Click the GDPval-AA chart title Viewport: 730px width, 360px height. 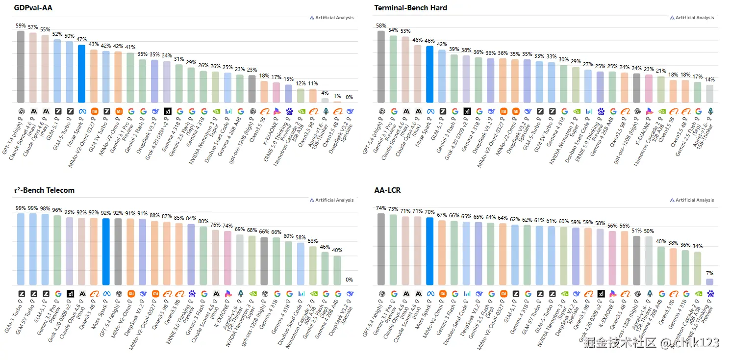click(x=34, y=8)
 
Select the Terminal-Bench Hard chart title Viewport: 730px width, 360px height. click(x=410, y=8)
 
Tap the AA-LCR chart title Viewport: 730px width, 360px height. click(x=387, y=190)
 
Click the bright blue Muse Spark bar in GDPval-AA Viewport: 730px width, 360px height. click(x=81, y=74)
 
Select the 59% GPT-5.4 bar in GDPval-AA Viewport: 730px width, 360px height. click(x=21, y=67)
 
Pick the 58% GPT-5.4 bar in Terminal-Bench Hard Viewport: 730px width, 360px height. click(x=381, y=67)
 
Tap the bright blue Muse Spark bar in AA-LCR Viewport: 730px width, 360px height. click(x=429, y=251)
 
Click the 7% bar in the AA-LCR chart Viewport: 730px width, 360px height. click(x=709, y=282)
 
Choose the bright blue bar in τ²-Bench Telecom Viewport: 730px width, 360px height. click(x=106, y=252)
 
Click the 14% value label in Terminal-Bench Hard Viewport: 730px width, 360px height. click(x=709, y=79)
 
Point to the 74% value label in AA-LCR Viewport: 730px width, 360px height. click(x=381, y=208)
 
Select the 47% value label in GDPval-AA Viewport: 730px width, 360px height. click(x=81, y=39)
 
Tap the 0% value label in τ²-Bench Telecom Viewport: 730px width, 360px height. click(x=350, y=280)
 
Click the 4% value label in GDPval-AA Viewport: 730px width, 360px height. click(x=325, y=93)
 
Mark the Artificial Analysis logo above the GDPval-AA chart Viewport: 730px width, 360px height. click(x=331, y=18)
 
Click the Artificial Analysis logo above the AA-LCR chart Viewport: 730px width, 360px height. click(x=691, y=200)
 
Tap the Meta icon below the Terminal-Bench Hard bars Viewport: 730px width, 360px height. click(x=430, y=111)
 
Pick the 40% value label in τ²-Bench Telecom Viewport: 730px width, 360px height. click(x=337, y=250)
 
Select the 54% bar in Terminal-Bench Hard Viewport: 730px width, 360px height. click(x=393, y=69)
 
